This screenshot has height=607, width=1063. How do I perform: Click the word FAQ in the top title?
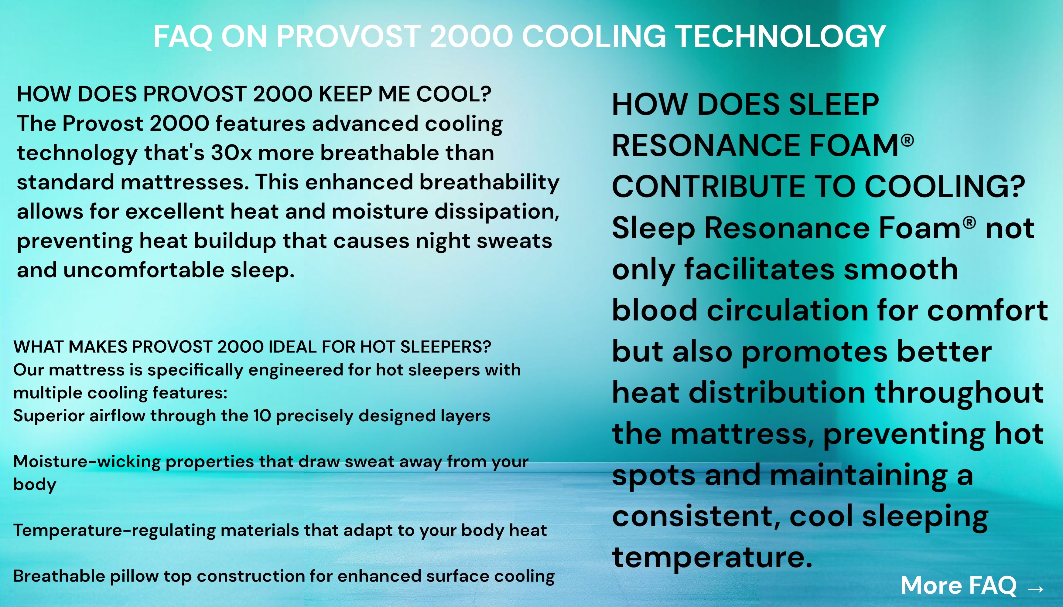pos(183,37)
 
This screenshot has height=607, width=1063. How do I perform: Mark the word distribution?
pos(777,393)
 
